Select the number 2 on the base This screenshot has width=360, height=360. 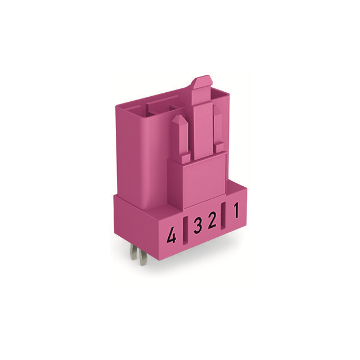211,220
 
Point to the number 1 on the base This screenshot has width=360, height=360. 236,211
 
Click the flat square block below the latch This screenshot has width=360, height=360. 198,180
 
